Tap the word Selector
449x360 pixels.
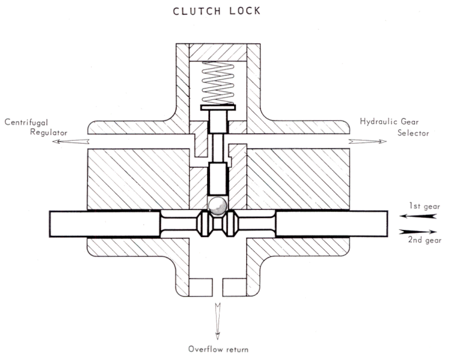coord(412,133)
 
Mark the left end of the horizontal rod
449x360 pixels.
coord(54,223)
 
